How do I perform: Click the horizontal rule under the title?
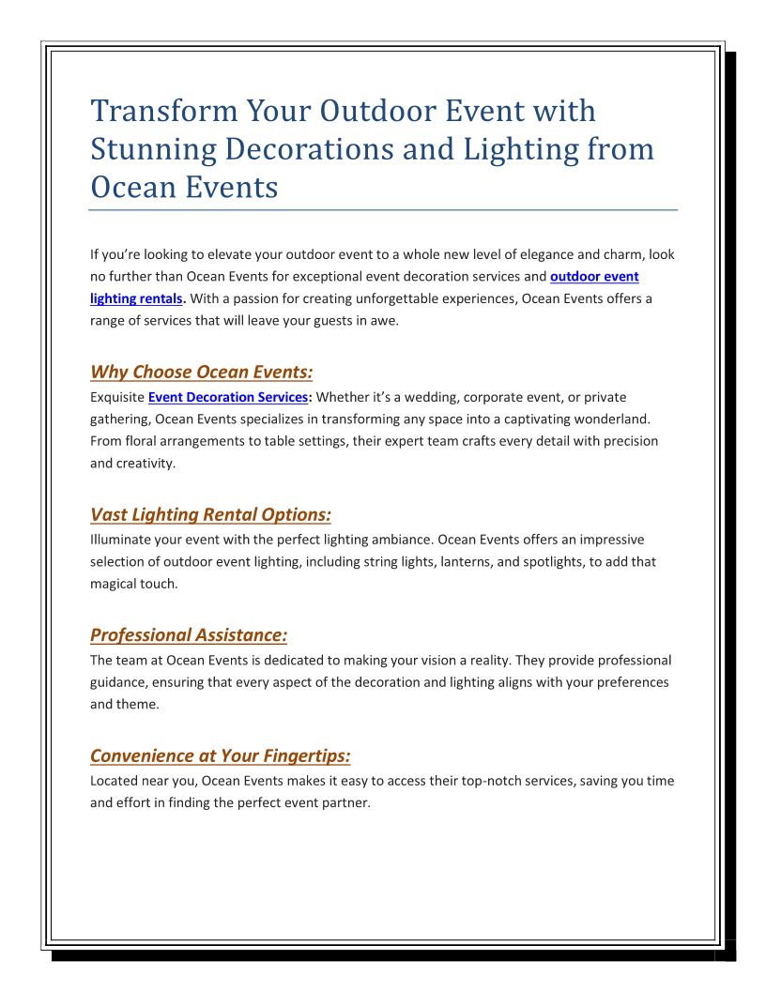pos(383,210)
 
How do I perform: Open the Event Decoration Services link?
pos(228,397)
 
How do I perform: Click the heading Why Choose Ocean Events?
pos(201,372)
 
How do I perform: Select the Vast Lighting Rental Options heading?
pos(210,514)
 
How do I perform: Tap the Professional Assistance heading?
pos(188,635)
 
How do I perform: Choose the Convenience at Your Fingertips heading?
pos(220,755)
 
